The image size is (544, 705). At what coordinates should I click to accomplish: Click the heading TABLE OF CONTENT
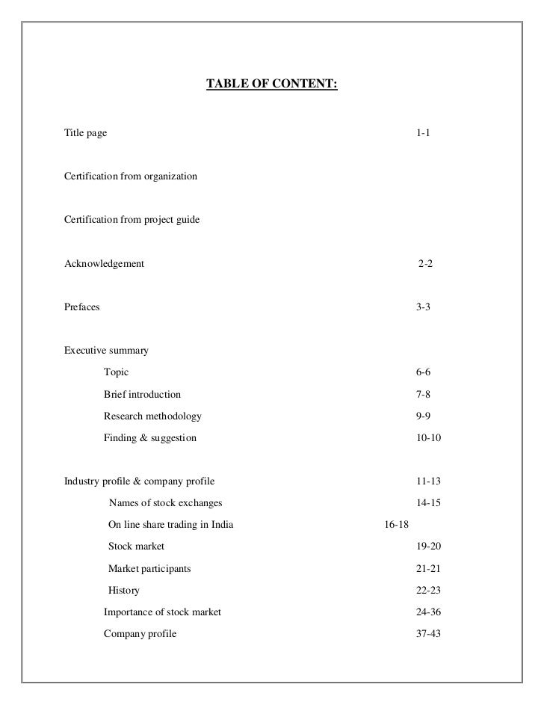pyautogui.click(x=271, y=85)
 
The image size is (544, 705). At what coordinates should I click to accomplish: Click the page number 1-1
pyautogui.click(x=423, y=133)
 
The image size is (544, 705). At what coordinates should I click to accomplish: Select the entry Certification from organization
pyautogui.click(x=131, y=176)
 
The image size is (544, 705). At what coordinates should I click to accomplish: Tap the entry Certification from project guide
pyautogui.click(x=132, y=220)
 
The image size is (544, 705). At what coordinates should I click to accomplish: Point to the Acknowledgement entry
pyautogui.click(x=104, y=263)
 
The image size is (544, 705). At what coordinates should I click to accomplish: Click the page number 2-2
pyautogui.click(x=425, y=263)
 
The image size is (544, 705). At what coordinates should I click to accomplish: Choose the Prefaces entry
pyautogui.click(x=81, y=307)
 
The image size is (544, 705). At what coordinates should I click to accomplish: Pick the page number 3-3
pyautogui.click(x=423, y=307)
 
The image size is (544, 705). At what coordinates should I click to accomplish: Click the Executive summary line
pyautogui.click(x=106, y=350)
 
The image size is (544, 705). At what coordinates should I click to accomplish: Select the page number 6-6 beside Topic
pyautogui.click(x=423, y=372)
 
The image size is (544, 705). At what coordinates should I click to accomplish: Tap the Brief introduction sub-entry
pyautogui.click(x=142, y=394)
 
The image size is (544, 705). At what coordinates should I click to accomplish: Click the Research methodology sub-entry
pyautogui.click(x=152, y=416)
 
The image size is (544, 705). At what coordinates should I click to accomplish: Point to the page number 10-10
pyautogui.click(x=428, y=437)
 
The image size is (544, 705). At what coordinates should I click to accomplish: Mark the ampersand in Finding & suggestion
pyautogui.click(x=138, y=437)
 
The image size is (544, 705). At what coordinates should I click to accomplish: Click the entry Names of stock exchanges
pyautogui.click(x=165, y=503)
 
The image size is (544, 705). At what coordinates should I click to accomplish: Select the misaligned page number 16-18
pyautogui.click(x=396, y=525)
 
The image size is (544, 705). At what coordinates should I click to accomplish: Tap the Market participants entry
pyautogui.click(x=149, y=568)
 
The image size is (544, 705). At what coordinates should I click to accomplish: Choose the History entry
pyautogui.click(x=124, y=590)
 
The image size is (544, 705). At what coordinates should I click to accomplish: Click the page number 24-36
pyautogui.click(x=428, y=612)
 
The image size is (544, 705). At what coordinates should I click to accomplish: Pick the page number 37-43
pyautogui.click(x=428, y=633)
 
